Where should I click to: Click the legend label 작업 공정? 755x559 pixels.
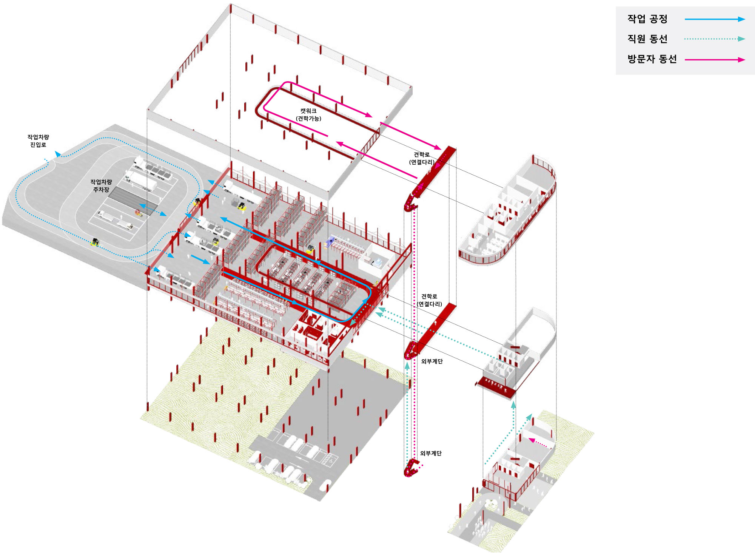647,19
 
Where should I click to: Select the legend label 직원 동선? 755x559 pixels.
647,39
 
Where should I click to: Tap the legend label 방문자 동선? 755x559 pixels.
652,59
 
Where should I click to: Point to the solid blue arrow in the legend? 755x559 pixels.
715,19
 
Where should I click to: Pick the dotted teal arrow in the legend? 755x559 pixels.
715,39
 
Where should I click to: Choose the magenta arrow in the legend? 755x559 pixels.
715,59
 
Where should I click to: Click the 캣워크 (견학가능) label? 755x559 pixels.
308,114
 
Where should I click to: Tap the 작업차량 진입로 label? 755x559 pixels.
38,141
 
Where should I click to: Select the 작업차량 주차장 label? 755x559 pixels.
101,185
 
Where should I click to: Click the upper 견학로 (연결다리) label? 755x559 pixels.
422,158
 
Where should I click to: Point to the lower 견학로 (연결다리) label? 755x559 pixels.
429,300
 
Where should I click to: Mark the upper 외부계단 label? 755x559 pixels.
432,361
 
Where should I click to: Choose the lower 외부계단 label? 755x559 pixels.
431,453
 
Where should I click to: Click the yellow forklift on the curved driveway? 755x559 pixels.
95,242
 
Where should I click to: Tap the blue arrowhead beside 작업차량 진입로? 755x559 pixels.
58,153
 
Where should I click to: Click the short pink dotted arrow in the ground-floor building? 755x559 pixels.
538,443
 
